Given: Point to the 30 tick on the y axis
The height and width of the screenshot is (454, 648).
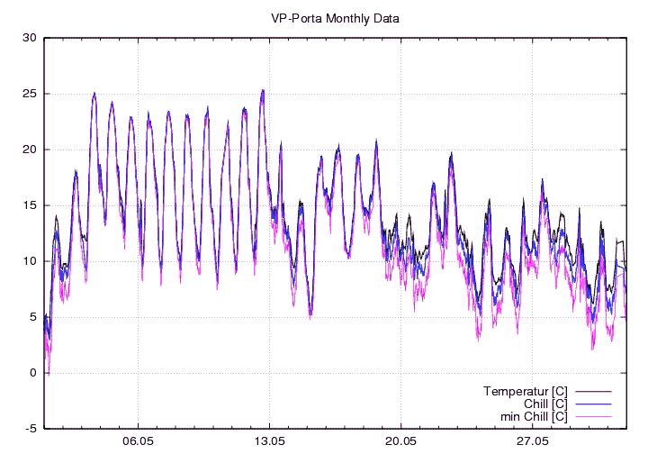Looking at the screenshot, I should coord(29,38).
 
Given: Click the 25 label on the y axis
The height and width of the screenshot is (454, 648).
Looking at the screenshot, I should coord(29,94).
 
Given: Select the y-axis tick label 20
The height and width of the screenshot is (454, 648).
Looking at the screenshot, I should coord(29,150).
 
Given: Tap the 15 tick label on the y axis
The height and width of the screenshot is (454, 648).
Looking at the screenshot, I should coord(29,205).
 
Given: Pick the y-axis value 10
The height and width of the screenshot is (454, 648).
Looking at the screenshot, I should coord(29,261).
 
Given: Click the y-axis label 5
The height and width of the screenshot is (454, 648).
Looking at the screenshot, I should coord(31,317).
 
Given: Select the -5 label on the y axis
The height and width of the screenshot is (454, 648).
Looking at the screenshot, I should coord(29,429).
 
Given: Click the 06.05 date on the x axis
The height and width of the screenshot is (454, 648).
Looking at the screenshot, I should coord(138,442).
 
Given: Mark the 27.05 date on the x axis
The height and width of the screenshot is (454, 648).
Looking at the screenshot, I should coord(532,442).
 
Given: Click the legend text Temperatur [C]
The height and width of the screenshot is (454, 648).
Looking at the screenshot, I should coord(525,391).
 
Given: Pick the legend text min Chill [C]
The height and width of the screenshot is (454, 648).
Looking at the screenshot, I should coord(533,416).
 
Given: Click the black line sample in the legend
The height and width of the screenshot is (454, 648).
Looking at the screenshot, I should coord(594,391).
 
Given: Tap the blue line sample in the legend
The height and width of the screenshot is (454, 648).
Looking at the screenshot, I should coord(594,404).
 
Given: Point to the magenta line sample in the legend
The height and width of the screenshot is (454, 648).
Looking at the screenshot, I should coord(594,416).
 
